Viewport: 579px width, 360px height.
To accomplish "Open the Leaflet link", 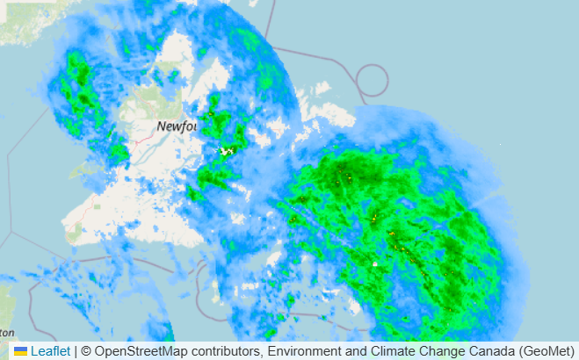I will point(50,351).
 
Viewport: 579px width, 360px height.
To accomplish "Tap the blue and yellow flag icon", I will point(20,351).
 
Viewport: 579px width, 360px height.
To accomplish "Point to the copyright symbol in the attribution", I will point(86,351).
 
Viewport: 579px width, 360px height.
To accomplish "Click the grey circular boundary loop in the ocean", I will point(373,81).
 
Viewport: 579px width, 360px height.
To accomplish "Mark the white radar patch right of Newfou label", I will point(228,151).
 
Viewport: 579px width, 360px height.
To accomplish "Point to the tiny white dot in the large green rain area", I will point(374,263).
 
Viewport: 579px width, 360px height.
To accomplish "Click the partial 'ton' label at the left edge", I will point(7,333).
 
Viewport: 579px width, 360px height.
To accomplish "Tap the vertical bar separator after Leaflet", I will point(76,351).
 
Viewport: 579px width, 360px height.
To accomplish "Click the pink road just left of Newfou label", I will point(141,139).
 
